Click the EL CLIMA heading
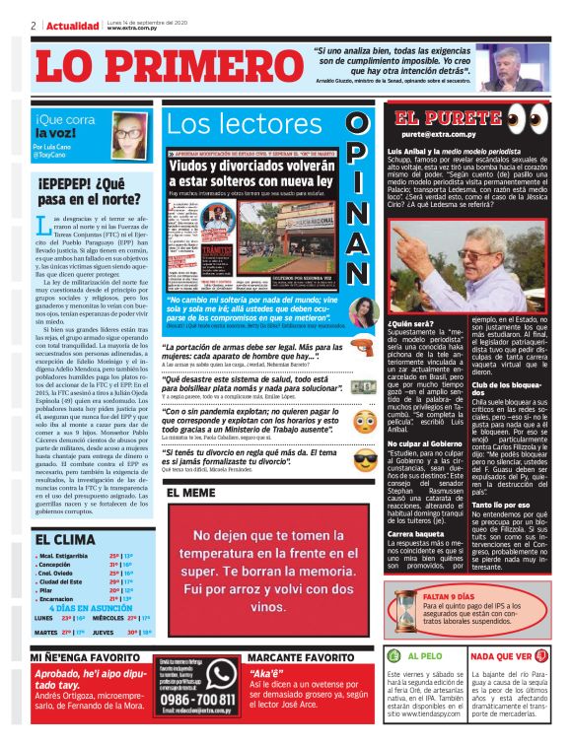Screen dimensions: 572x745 tap(64, 539)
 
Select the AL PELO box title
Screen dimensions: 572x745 tap(425, 654)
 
